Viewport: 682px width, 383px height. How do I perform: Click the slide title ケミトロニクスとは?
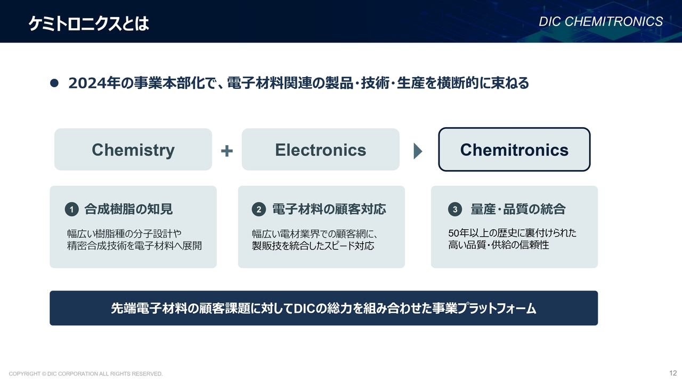tap(88, 23)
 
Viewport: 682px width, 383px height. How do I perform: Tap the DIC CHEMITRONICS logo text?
tap(600, 22)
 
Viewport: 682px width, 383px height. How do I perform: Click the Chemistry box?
tap(133, 149)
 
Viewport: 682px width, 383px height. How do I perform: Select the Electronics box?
tap(321, 149)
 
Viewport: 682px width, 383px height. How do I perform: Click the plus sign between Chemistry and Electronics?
tap(227, 151)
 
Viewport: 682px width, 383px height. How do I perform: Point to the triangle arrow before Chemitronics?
tap(418, 151)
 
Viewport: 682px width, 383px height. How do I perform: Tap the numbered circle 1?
tap(72, 210)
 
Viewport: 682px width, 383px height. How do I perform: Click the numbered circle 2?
tap(259, 210)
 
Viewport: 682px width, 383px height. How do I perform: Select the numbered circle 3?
tap(455, 210)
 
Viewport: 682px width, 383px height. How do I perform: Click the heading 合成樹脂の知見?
tap(128, 209)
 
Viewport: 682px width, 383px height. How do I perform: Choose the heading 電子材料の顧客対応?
tap(329, 209)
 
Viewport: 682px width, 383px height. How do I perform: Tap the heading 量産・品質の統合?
tap(518, 209)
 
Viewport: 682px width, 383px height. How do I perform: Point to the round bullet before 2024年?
tap(54, 83)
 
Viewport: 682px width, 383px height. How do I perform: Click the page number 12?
tap(673, 373)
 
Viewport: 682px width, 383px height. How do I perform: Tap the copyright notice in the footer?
tap(86, 373)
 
